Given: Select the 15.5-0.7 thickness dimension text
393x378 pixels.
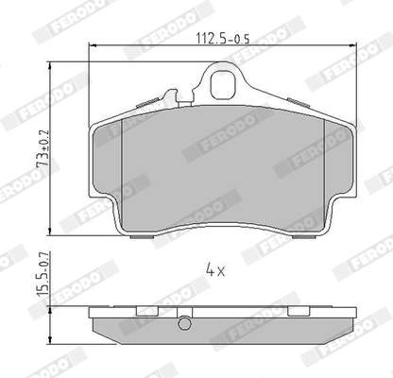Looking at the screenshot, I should click(40, 275).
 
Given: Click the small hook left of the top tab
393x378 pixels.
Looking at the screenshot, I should click(170, 95).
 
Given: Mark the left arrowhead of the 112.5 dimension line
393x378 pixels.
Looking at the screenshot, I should click(92, 47).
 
